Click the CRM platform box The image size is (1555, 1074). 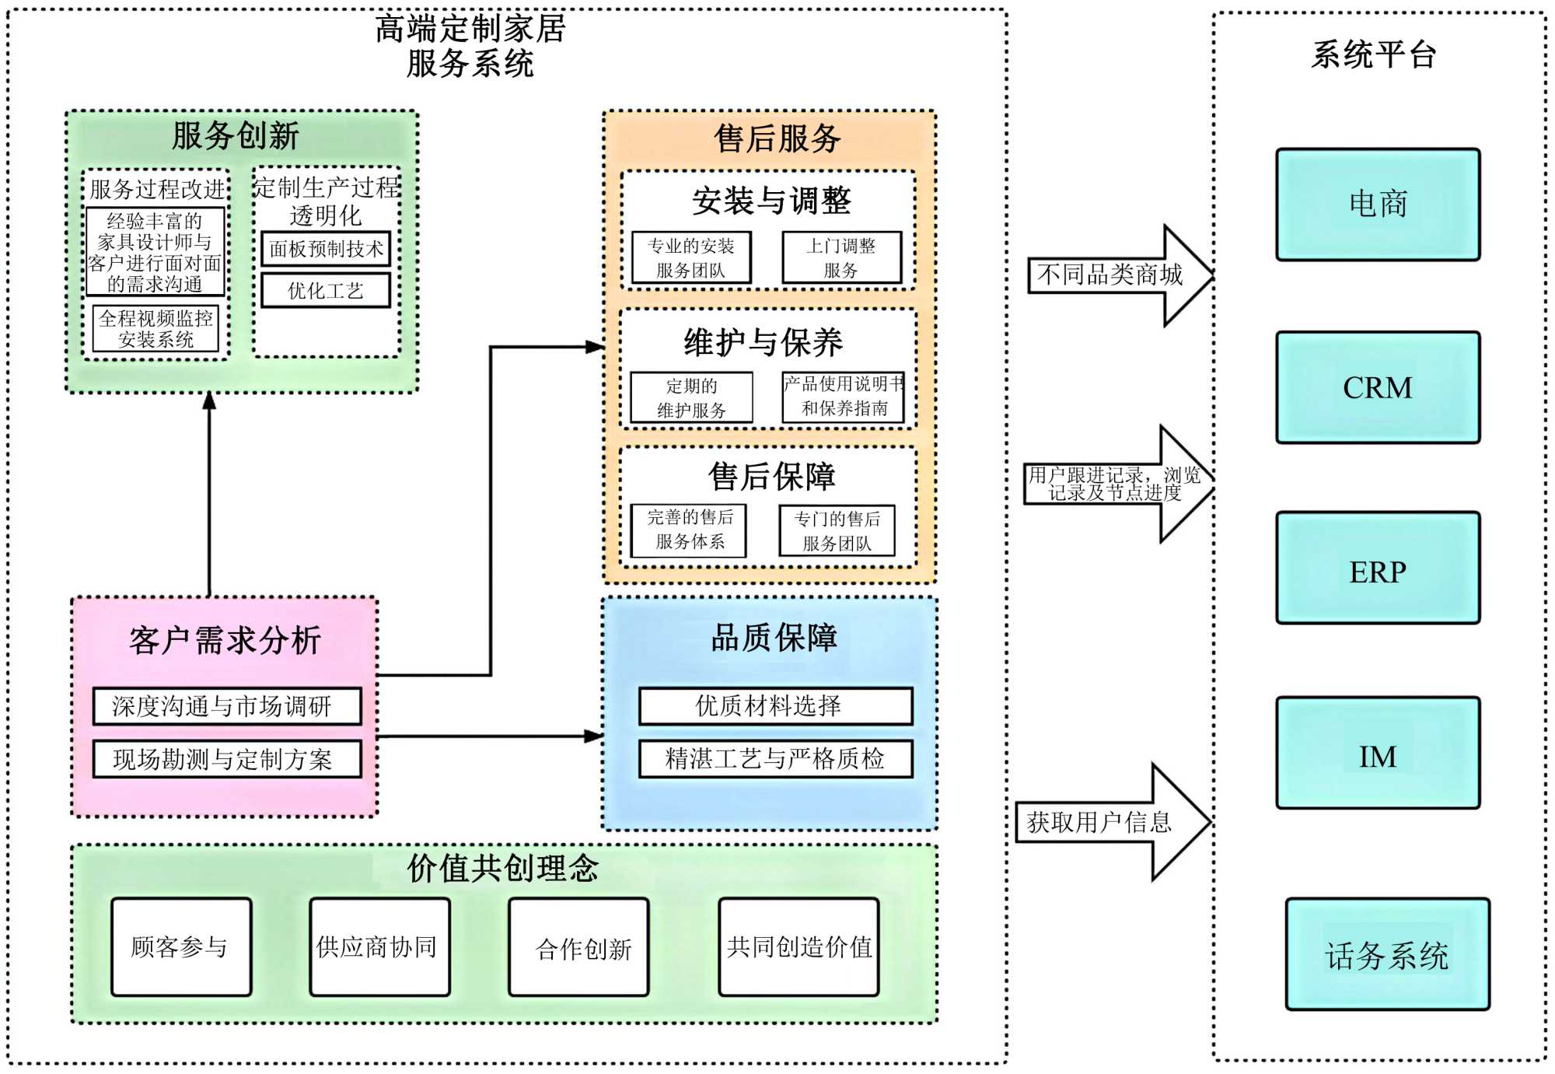pos(1377,387)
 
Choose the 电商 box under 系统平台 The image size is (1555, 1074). pos(1377,205)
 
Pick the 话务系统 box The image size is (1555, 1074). pos(1387,954)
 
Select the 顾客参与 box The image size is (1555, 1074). pos(181,946)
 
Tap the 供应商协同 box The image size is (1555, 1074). pos(379,946)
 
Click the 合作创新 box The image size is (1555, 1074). pos(578,946)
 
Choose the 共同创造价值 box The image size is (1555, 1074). pos(798,946)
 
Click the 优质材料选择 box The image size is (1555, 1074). pos(775,705)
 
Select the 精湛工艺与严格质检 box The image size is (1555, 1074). pos(775,758)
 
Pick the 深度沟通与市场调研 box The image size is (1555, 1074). pos(226,705)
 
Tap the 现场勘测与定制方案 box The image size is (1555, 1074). pos(226,759)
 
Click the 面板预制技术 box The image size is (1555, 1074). pos(326,249)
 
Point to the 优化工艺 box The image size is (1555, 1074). pos(326,291)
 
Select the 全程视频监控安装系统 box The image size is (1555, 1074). pos(155,328)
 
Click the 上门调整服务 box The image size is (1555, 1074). pos(841,257)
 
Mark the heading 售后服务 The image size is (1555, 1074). pos(777,139)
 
